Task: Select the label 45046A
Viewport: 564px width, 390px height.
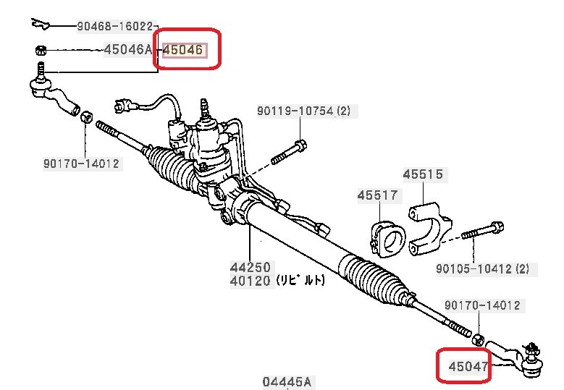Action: coord(130,50)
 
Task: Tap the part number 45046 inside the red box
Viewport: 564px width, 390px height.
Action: coord(184,51)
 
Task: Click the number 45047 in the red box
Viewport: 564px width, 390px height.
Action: coord(468,367)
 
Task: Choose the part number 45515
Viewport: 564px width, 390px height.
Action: coord(424,175)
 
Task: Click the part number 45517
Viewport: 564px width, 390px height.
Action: coord(377,195)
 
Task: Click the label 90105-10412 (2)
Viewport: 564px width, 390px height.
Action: coord(486,269)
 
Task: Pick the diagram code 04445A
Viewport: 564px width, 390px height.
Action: coord(287,381)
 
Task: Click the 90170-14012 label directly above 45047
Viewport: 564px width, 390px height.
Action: coord(481,306)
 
